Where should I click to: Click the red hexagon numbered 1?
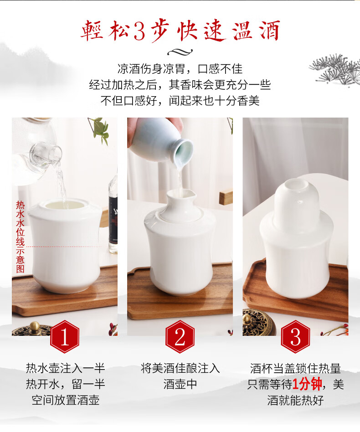(x=65, y=336)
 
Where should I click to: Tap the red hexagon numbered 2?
(x=180, y=336)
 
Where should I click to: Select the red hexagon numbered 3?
(x=296, y=336)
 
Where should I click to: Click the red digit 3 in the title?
(x=139, y=31)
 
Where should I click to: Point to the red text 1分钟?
(x=307, y=384)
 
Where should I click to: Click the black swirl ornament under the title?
(x=180, y=51)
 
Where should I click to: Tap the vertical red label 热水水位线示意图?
(x=20, y=237)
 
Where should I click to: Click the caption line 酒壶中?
(x=180, y=384)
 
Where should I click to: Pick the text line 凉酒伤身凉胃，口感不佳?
(x=180, y=69)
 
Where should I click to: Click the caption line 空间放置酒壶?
(x=66, y=400)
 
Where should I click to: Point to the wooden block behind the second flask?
(x=226, y=196)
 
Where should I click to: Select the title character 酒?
(x=270, y=31)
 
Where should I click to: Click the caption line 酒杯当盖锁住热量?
(x=296, y=368)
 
